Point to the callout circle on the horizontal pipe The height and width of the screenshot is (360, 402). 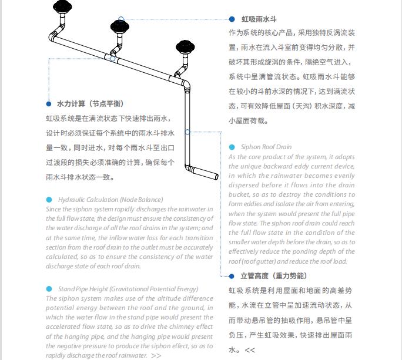click(112, 58)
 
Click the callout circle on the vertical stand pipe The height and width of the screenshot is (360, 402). click(187, 132)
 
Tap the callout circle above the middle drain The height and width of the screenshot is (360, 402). click(121, 19)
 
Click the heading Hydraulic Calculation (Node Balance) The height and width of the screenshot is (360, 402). click(110, 200)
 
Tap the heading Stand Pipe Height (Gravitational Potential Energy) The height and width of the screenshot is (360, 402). click(128, 289)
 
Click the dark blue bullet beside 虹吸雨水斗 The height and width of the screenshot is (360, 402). click(232, 20)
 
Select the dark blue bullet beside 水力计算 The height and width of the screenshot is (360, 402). click(49, 104)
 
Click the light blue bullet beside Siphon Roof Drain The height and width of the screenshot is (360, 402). click(232, 147)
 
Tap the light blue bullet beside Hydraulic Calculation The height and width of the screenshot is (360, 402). click(49, 200)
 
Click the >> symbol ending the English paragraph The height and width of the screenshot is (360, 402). click(156, 355)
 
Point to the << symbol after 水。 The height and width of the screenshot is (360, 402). click(250, 350)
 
